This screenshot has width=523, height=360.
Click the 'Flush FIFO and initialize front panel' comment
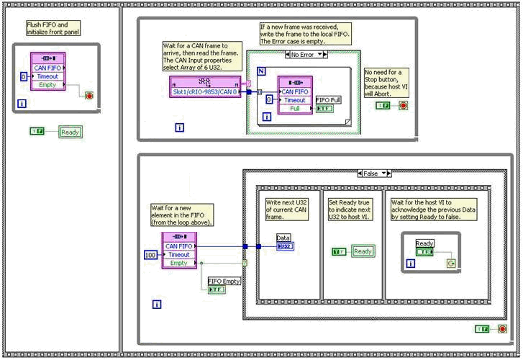click(53, 28)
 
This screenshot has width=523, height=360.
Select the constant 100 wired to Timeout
click(150, 254)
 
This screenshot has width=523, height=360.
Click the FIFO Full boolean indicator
click(324, 109)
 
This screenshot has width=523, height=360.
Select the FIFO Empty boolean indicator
click(216, 289)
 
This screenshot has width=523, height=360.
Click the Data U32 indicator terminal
click(285, 246)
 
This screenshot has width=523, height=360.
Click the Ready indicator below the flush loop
click(71, 132)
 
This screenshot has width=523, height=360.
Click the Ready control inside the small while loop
click(425, 252)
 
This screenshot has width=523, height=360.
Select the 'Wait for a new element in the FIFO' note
click(180, 215)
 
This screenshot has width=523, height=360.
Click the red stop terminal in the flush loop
click(88, 95)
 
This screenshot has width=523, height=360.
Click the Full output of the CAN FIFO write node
click(295, 109)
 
